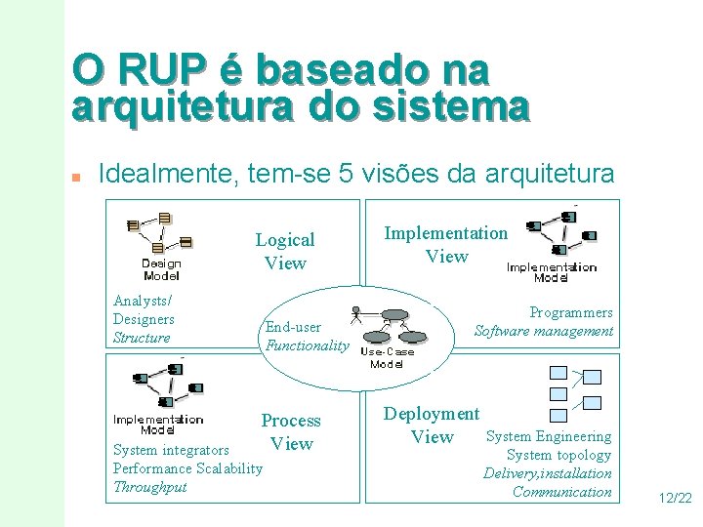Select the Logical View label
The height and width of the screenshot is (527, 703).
pos(285,251)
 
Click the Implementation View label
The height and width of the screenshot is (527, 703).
pos(446,244)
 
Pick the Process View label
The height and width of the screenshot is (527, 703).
pos(291,431)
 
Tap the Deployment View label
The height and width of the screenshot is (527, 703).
pos(432,425)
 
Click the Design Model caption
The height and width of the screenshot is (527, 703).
pos(161,268)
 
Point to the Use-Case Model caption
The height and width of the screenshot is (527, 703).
pos(388,357)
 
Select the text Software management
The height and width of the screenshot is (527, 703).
pos(544,331)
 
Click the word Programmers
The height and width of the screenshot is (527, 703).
pos(571,312)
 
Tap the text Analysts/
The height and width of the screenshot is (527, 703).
pos(143,301)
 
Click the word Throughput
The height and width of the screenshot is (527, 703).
pos(149,487)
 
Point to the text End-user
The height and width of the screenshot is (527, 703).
pos(293,327)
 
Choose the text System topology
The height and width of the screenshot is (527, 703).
pos(558,455)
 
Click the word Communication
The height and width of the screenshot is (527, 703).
pos(562,492)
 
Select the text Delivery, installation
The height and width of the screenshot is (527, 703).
pos(548,473)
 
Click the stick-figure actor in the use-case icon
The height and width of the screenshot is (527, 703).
pos(357,314)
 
